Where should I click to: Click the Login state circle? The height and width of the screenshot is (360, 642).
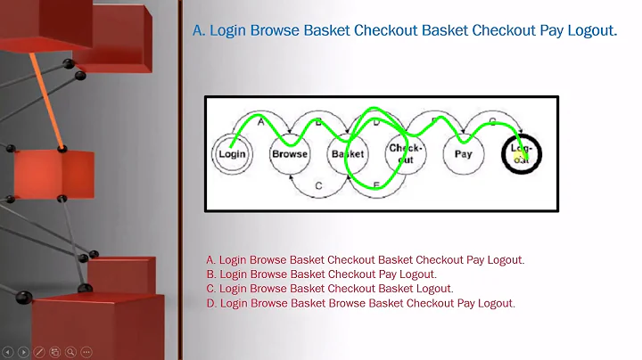coord(232,153)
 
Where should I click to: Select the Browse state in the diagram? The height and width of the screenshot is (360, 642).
coord(290,153)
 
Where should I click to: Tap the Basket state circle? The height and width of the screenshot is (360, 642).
coord(347,153)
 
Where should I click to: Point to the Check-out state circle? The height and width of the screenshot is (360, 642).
coord(406,153)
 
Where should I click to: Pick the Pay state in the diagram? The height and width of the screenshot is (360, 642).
coord(464,153)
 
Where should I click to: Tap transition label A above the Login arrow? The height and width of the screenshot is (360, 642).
coord(261,122)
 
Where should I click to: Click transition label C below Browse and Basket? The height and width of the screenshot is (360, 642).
coord(318,185)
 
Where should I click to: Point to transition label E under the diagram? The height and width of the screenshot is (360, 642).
coord(375,184)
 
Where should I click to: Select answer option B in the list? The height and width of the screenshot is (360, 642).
coord(321,274)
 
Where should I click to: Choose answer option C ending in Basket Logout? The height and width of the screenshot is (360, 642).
coord(329,289)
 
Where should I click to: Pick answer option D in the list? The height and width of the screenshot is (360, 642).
coord(360,303)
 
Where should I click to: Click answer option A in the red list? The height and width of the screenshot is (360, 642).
coord(365,260)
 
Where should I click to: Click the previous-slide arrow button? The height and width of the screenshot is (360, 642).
coord(8,352)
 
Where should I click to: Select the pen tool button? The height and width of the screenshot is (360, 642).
coord(39,352)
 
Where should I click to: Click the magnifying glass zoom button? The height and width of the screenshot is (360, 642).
coord(70,352)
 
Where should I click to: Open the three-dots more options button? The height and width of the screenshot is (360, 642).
coord(86,352)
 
